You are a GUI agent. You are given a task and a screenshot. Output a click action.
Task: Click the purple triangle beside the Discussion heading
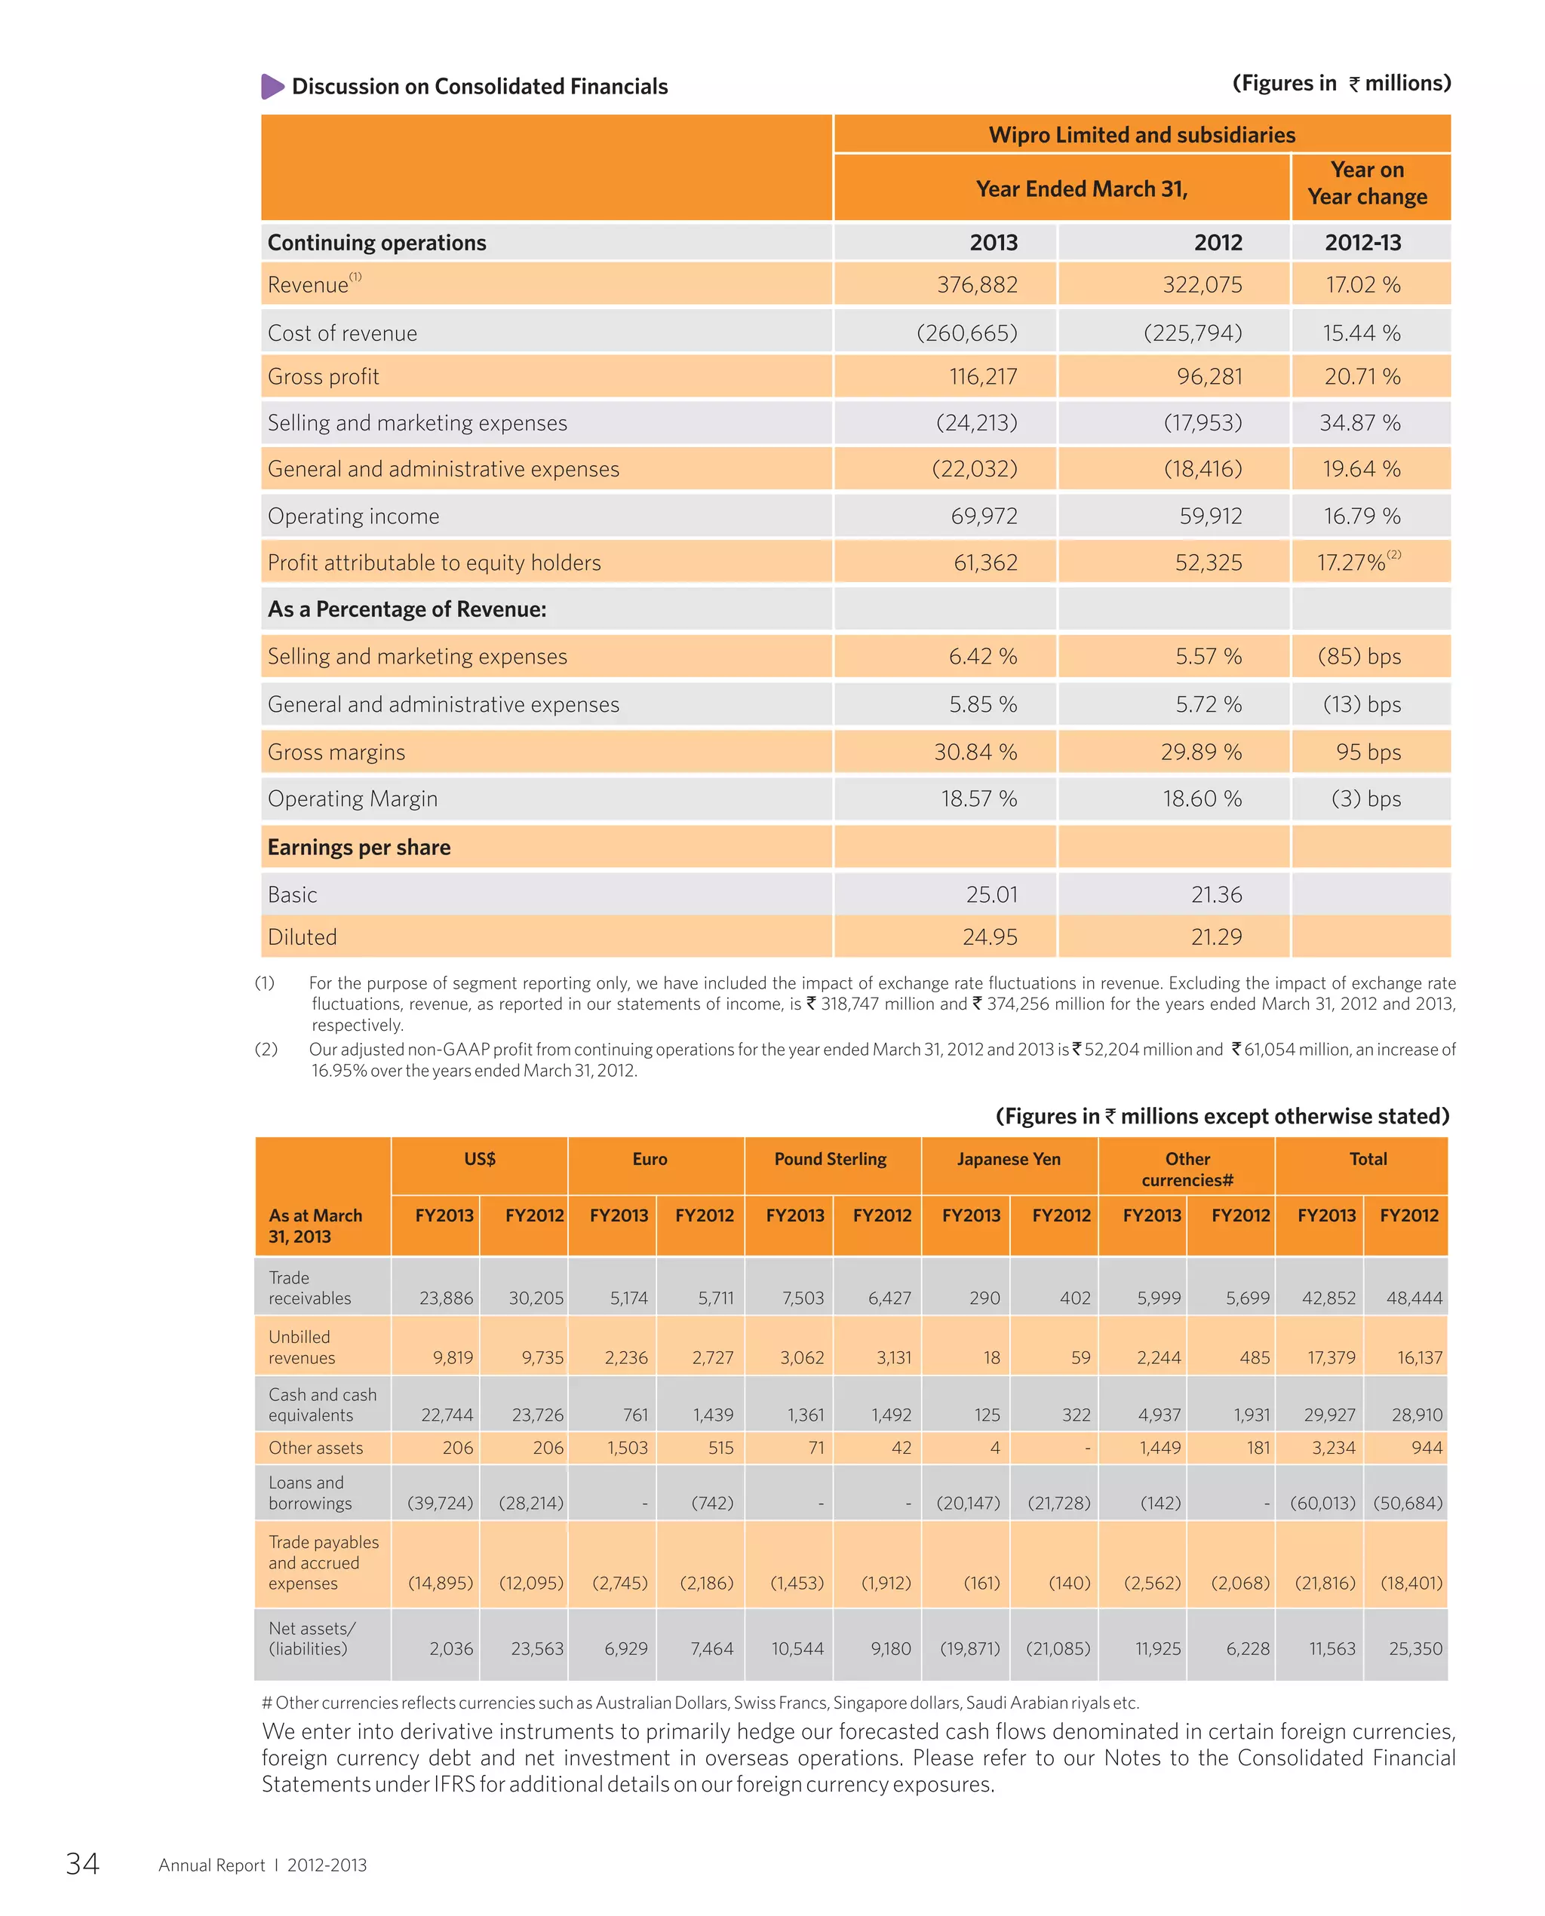[272, 86]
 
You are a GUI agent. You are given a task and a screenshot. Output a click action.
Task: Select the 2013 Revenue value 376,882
[976, 284]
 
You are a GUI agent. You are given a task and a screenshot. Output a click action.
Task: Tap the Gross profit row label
[323, 377]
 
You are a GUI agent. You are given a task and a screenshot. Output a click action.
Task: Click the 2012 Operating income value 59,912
[1209, 516]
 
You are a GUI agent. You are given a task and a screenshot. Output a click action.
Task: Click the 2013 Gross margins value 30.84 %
[975, 753]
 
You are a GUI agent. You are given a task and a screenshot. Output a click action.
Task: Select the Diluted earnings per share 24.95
[989, 937]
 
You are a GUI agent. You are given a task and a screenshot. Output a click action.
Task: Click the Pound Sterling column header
[830, 1159]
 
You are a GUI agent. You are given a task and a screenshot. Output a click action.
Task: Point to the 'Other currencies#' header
[1187, 1170]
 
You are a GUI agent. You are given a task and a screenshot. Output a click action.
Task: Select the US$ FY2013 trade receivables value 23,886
[446, 1298]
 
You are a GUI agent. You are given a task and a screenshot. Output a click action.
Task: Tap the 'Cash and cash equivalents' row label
[322, 1405]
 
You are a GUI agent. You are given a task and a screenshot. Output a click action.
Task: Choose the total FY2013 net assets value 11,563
[1332, 1648]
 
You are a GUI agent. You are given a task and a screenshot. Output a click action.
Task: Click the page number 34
[83, 1863]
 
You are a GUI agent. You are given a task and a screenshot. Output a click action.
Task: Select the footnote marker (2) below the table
[266, 1050]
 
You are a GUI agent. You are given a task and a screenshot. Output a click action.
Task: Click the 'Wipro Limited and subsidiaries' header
[1142, 135]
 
